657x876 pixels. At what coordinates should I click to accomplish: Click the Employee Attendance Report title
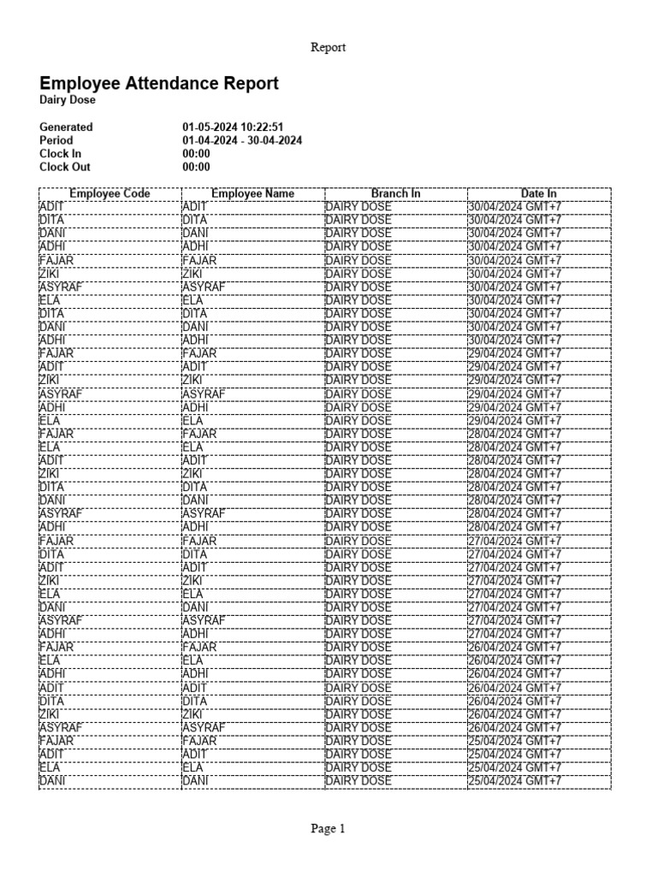click(158, 83)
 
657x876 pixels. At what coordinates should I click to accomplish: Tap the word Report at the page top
click(328, 48)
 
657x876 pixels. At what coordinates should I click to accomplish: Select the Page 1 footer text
click(328, 828)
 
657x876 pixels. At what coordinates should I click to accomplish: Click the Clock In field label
click(60, 154)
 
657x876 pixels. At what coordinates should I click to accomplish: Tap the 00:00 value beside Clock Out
click(196, 168)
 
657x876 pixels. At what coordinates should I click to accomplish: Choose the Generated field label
click(66, 127)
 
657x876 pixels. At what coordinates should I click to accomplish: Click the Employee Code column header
click(109, 194)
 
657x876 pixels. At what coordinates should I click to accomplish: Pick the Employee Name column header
click(252, 194)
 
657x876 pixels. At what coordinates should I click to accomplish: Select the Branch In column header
click(395, 194)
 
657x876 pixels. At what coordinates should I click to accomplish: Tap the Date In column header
click(539, 194)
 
